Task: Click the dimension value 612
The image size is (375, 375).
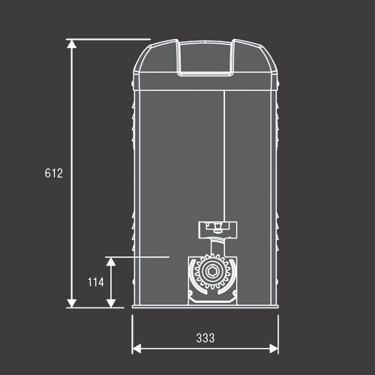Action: click(54, 173)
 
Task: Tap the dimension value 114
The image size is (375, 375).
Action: click(96, 282)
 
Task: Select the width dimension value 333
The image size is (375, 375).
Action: click(205, 338)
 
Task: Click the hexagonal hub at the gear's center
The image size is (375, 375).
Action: click(212, 271)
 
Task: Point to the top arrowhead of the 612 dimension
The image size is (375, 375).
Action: click(72, 43)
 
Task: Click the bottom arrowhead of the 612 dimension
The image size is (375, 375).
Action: click(72, 303)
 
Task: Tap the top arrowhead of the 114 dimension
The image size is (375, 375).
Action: click(111, 262)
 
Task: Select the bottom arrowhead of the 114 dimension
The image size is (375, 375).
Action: click(111, 303)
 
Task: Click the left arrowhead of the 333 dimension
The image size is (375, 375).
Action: click(136, 349)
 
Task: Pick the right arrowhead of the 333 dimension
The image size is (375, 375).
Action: click(274, 349)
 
